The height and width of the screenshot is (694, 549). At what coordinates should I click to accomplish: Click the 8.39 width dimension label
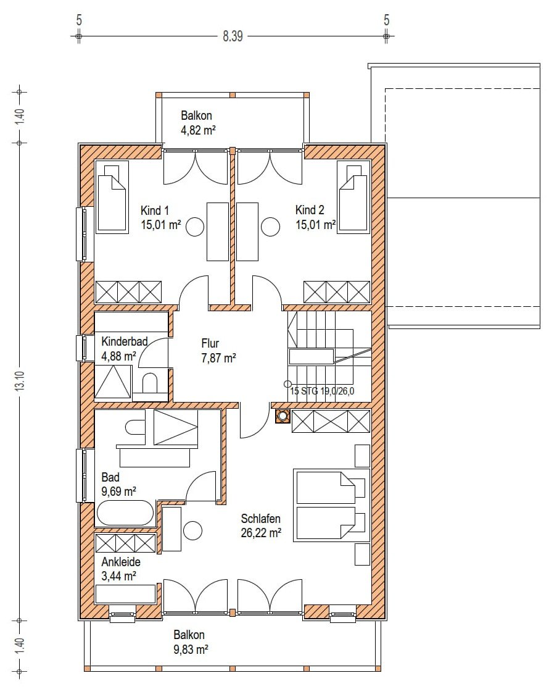click(x=233, y=36)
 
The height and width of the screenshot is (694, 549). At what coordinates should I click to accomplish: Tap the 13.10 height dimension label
click(x=20, y=380)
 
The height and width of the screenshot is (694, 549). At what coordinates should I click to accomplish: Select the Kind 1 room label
click(x=155, y=210)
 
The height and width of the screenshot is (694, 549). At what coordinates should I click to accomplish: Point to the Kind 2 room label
click(x=310, y=210)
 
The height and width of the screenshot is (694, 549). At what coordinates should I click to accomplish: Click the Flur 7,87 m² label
click(x=218, y=351)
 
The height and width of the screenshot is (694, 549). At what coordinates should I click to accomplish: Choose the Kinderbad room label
click(x=125, y=341)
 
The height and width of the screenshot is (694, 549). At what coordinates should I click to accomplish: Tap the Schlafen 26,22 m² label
click(x=261, y=526)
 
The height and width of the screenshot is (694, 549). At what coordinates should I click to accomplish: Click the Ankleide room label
click(x=121, y=562)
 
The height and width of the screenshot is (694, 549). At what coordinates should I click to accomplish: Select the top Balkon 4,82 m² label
click(x=198, y=123)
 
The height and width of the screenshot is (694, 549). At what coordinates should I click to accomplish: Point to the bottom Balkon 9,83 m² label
click(x=191, y=642)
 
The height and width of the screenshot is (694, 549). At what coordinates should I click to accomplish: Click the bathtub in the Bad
click(x=125, y=513)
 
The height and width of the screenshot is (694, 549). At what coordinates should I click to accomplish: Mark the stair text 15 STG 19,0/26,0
click(x=322, y=391)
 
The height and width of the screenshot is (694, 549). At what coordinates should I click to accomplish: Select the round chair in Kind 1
click(x=195, y=227)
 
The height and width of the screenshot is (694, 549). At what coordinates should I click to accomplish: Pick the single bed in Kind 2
click(x=353, y=197)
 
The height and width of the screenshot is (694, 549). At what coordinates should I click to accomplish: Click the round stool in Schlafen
click(x=192, y=530)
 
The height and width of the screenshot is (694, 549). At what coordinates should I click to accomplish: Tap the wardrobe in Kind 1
click(x=128, y=292)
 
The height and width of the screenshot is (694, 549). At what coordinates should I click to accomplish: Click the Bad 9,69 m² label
click(x=118, y=484)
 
